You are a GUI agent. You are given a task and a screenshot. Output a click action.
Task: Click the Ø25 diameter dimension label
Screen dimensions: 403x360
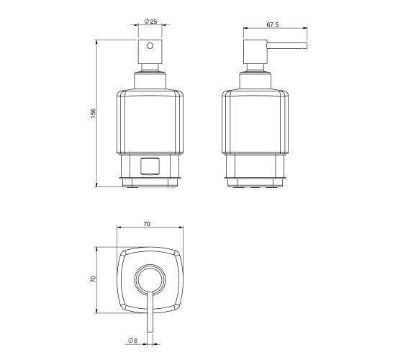[151, 22]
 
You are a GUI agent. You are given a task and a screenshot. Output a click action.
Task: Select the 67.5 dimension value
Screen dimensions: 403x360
[273, 24]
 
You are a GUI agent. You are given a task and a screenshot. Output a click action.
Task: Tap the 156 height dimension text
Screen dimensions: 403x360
[93, 113]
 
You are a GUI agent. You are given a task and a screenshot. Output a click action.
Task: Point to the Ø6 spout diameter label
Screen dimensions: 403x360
[133, 341]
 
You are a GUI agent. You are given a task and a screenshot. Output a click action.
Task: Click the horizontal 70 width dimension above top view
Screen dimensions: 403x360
[147, 224]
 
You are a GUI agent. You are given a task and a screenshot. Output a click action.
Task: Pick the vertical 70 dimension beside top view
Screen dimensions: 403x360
[93, 279]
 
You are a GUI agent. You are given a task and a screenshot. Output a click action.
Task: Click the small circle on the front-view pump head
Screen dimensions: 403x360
[150, 46]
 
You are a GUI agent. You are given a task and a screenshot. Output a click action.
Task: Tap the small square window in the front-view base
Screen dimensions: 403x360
[150, 166]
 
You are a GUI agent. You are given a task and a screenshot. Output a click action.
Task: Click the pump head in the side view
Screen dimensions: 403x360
[255, 52]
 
